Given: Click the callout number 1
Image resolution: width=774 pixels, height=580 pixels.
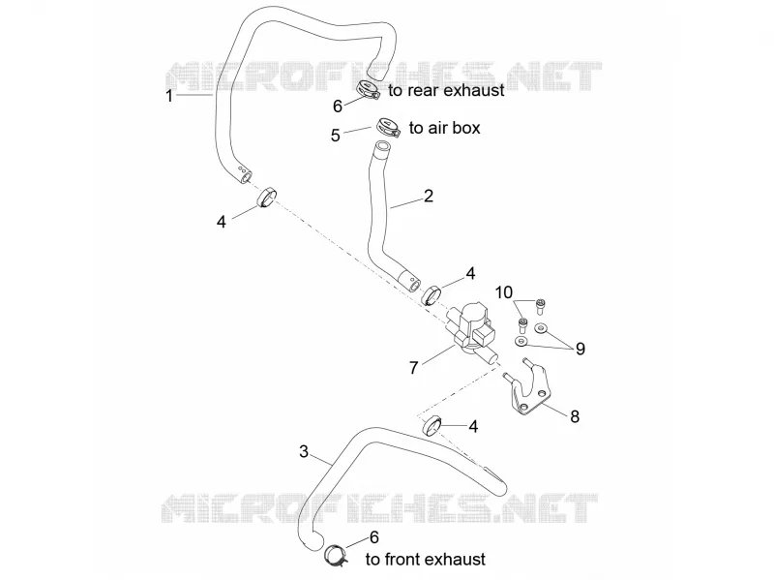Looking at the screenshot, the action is point(169,95).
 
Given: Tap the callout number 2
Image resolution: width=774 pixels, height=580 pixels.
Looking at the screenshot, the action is point(429,197).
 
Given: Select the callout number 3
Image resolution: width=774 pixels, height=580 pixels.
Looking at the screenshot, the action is point(304,451).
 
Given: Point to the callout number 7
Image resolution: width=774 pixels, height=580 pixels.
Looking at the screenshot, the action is point(414,368).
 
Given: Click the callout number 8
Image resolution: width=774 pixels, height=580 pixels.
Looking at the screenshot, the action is point(575,416).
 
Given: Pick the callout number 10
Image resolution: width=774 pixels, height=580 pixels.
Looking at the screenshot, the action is point(504,292).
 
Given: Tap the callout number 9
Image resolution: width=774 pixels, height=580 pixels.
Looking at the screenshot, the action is point(580,349).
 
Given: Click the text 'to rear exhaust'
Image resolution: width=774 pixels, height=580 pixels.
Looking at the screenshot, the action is point(446,90).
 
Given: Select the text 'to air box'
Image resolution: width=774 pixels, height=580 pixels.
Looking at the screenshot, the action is point(445,128).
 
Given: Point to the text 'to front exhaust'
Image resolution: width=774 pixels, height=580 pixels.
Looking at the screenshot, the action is point(426,560).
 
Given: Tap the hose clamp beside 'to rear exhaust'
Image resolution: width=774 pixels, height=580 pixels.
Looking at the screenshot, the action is point(368,89).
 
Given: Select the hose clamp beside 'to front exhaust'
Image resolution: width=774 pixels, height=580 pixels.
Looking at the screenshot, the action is point(336,554).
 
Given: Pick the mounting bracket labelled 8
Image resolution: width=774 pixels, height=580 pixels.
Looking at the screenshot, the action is point(528,389).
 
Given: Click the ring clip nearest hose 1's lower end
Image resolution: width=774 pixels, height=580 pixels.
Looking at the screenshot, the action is point(267,198).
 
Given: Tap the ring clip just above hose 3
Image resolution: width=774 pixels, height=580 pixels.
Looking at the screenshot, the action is point(432,426).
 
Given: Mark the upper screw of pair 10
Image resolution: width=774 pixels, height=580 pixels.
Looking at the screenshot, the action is point(540,305).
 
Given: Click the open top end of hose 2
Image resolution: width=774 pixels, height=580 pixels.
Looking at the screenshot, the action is point(382,146).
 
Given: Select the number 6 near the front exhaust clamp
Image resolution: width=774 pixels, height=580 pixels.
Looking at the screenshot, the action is point(374,537).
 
